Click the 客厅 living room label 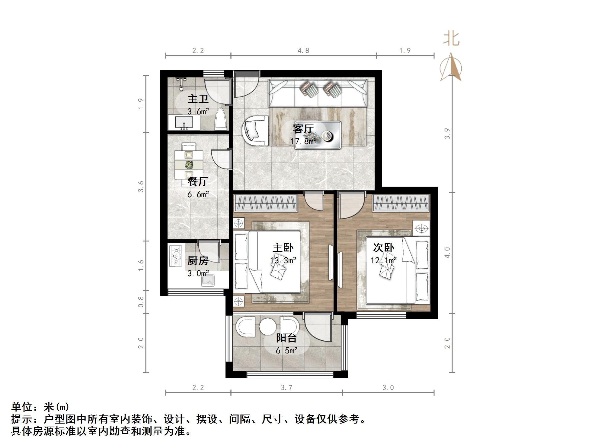coord(303,129)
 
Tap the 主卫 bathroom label coord(198,99)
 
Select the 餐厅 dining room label coord(198,181)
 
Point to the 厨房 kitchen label coord(198,260)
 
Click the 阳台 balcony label coord(286,338)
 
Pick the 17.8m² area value coord(303,141)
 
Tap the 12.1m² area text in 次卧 coord(383,260)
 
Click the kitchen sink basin coord(208,281)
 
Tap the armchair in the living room coord(255,131)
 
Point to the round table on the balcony coord(267,326)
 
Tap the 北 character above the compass coord(451,39)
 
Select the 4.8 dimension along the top coord(303,51)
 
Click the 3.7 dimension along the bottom coord(286,387)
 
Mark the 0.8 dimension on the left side coord(141,302)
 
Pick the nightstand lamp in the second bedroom coord(422,228)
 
